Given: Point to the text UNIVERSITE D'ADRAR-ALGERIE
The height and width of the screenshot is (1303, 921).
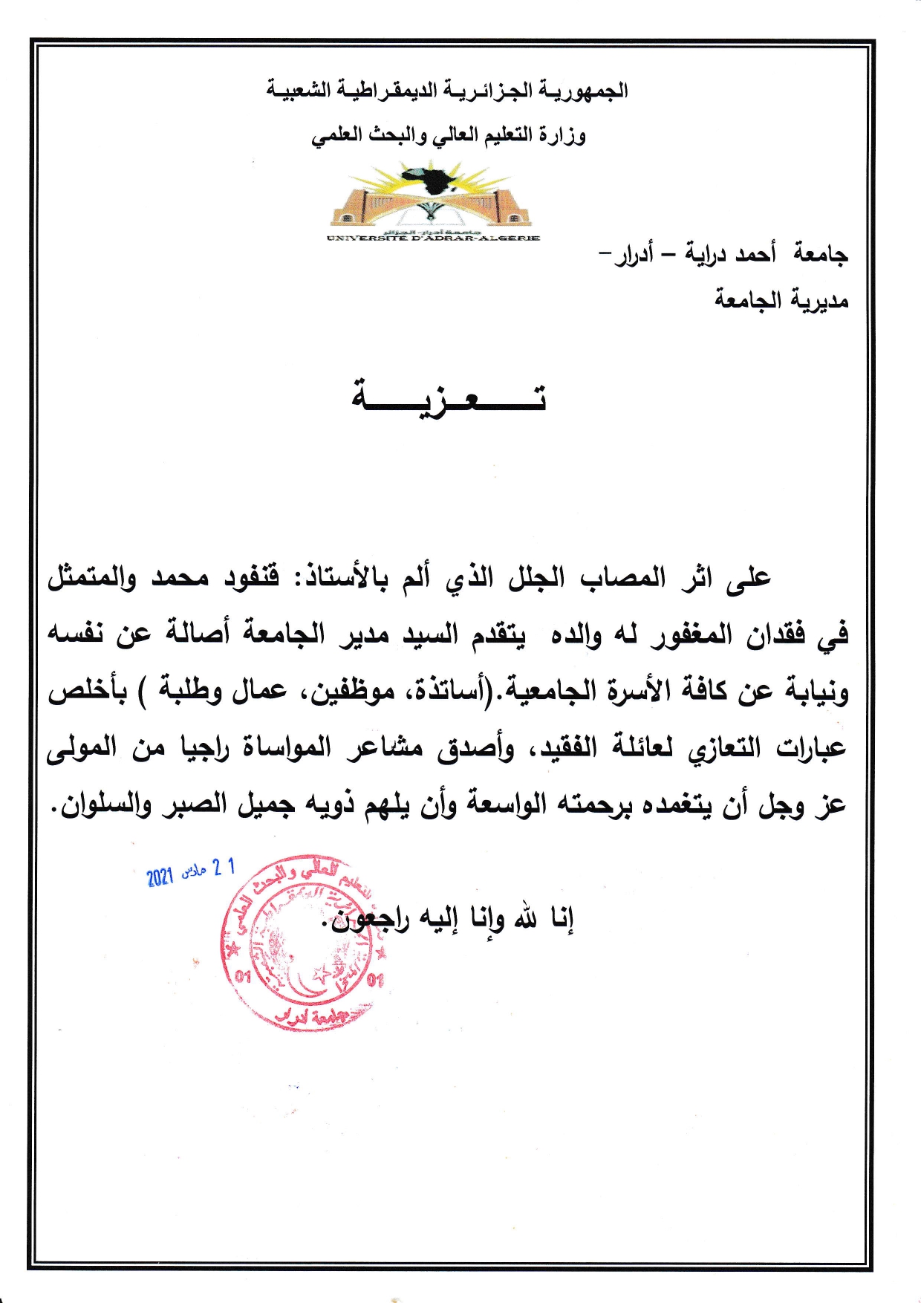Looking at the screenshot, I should [433, 238].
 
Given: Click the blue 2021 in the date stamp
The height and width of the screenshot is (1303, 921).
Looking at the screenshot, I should [160, 877].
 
